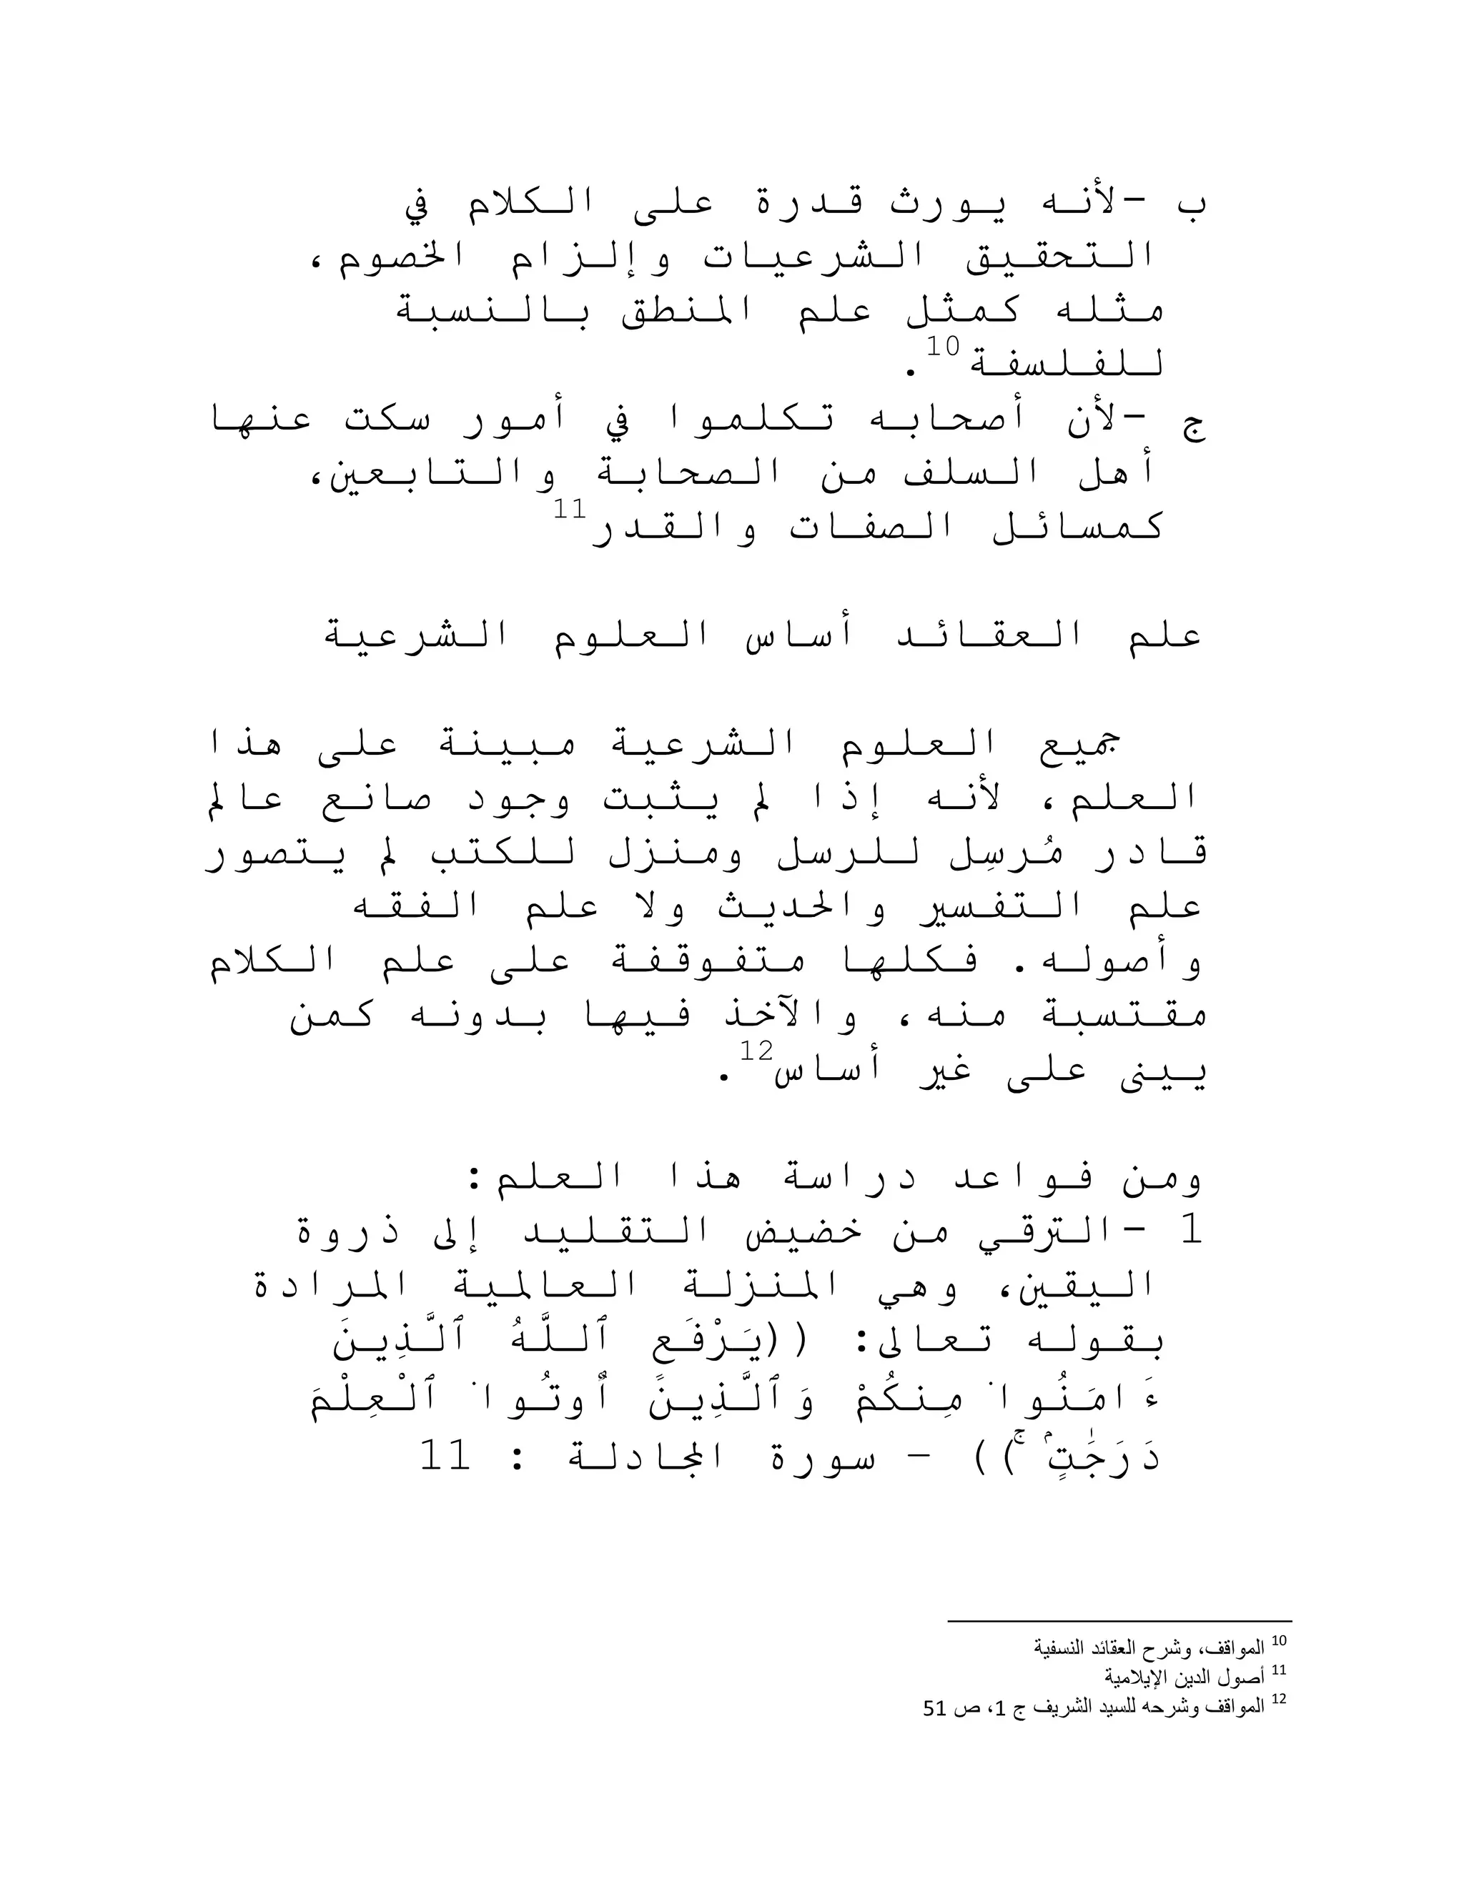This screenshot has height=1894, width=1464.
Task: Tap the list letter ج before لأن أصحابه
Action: tap(1193, 425)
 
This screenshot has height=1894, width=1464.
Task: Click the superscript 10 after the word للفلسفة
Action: tap(943, 347)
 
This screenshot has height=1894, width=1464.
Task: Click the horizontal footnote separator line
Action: tap(1119, 1620)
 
